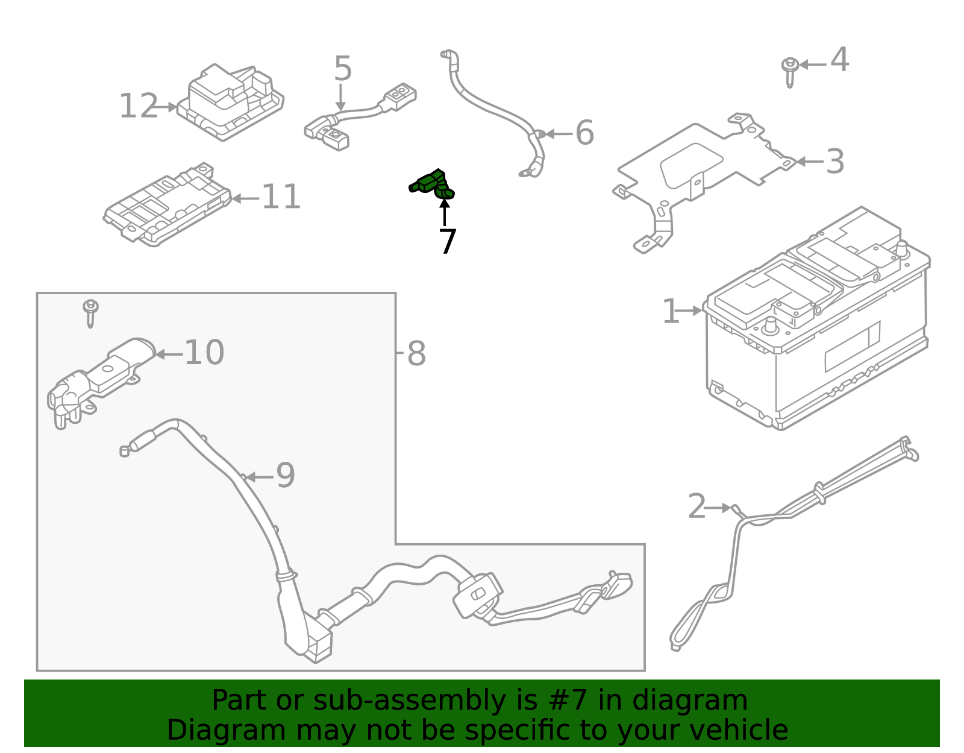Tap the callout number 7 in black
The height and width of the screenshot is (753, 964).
point(447,242)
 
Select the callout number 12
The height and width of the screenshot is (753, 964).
point(138,107)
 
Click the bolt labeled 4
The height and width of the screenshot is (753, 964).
point(789,70)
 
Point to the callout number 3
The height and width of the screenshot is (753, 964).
point(834,162)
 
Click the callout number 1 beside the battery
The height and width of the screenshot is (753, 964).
point(670,311)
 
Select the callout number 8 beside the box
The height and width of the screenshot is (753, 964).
point(416,354)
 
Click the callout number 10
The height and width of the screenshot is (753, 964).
point(204,353)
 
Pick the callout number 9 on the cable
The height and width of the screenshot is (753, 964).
point(286,476)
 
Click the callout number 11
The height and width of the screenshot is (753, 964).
point(281,197)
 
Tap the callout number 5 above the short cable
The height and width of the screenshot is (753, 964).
point(342,69)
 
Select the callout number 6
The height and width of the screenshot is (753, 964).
point(584,133)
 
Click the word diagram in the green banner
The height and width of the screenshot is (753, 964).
point(711,701)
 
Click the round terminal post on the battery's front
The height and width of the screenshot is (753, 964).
point(769,326)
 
